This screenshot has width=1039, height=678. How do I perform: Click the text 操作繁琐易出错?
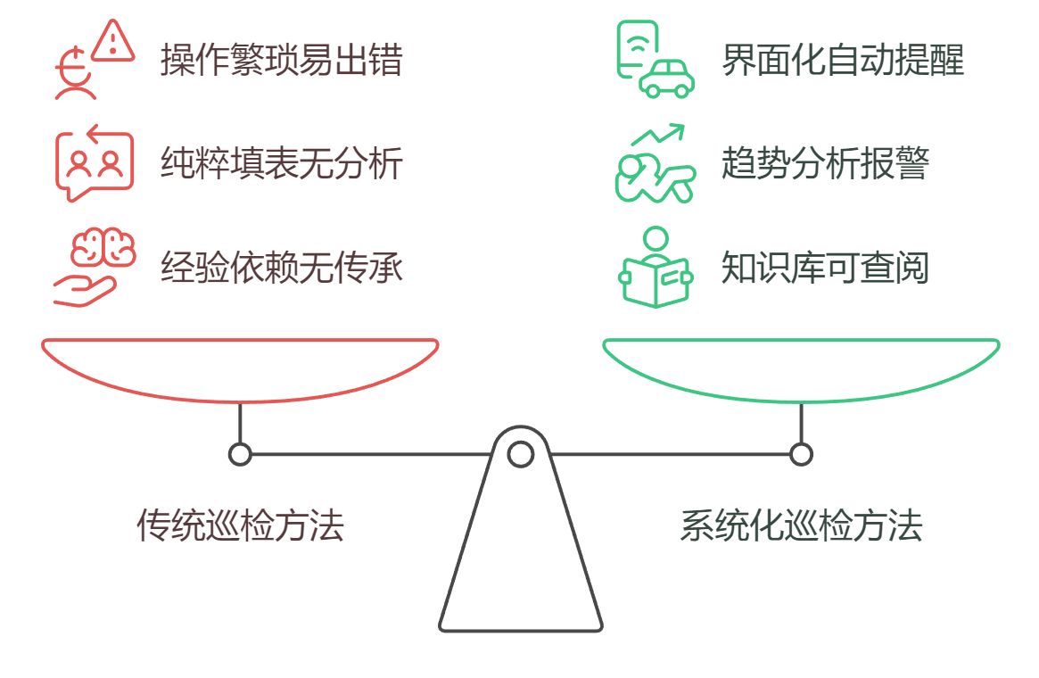coord(281,61)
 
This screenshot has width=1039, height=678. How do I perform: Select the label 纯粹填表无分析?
coord(281,164)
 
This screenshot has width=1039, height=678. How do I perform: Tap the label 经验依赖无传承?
coord(281,267)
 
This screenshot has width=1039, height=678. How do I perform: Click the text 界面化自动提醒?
coord(842,61)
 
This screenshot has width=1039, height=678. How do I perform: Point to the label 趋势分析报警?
coord(825,164)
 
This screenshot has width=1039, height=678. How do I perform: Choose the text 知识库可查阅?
coord(825,267)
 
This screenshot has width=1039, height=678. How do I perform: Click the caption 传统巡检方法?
coord(240,525)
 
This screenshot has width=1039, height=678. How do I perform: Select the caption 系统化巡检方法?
coord(800,525)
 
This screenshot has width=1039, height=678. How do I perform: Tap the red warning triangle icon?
coord(113,41)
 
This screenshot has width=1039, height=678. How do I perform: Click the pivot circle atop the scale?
coord(520,454)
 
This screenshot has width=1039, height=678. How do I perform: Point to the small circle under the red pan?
coord(240,454)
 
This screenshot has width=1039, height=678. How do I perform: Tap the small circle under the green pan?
coord(801,454)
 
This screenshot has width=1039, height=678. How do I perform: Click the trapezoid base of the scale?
coord(520,562)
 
